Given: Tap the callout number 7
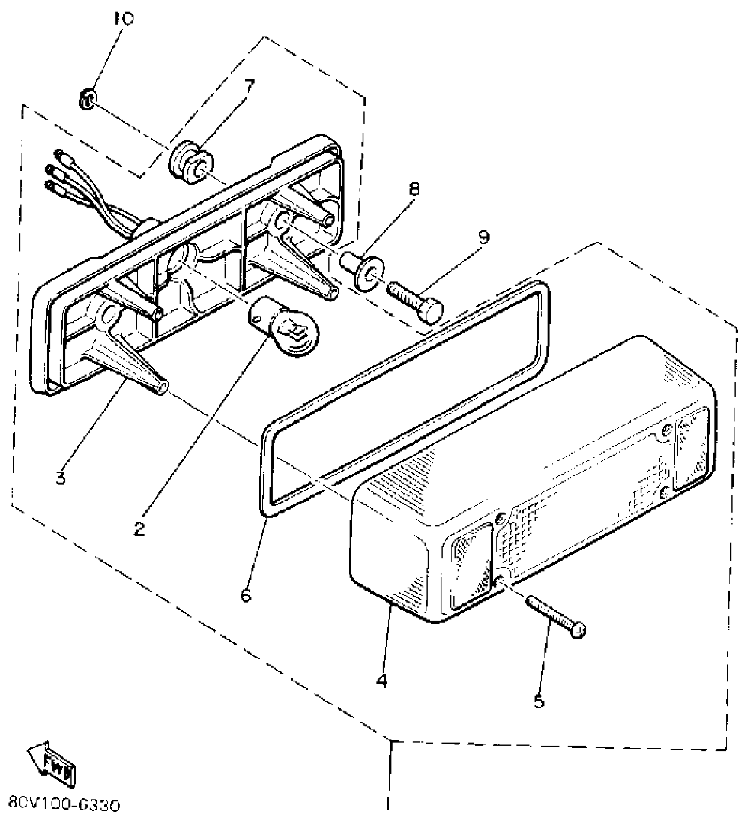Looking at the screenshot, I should click(x=249, y=85).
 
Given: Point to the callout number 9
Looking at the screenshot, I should click(x=484, y=237).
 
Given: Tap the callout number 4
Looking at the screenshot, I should click(x=382, y=681).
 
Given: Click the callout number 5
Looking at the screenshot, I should click(x=539, y=701).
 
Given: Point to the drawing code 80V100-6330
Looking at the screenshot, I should click(x=63, y=806).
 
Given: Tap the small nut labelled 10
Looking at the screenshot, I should click(x=88, y=100).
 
